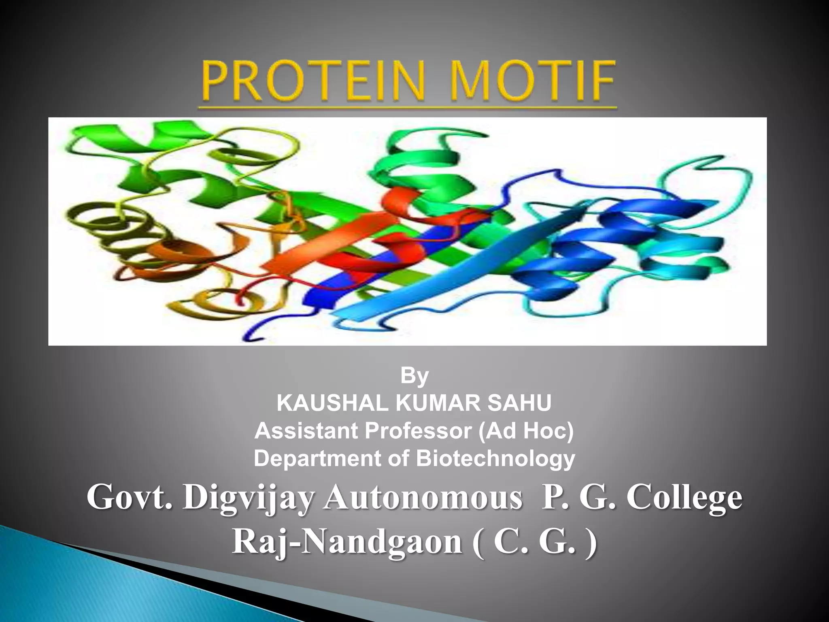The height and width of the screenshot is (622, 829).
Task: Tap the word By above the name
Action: pos(414,376)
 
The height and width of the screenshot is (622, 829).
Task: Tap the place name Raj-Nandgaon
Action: pos(347,543)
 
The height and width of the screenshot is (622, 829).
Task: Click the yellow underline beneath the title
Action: pos(407,108)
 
